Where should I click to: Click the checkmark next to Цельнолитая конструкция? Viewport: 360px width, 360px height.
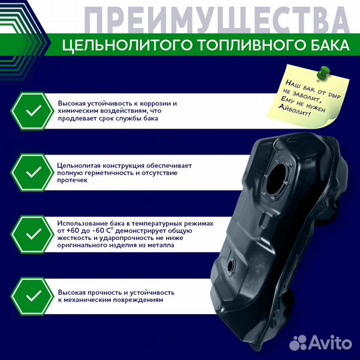(x=33, y=173)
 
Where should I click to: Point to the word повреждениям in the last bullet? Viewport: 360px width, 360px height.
(x=138, y=301)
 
